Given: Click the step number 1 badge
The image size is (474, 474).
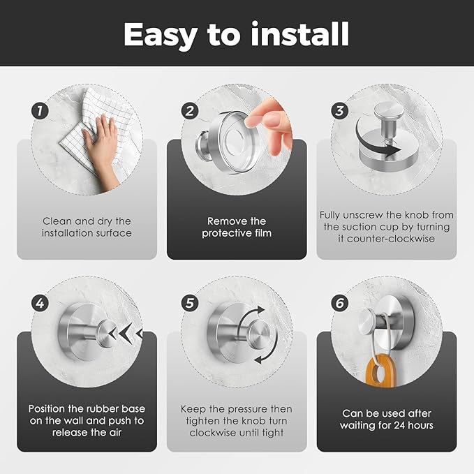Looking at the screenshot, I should coord(40,110).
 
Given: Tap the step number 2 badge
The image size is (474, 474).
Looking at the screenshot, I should coord(190,110).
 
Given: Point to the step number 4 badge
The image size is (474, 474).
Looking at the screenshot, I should coord(40,303).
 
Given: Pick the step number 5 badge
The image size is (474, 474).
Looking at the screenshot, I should coord(190,303).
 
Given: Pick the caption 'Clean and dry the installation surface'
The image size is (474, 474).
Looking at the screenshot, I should coord(86,227).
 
